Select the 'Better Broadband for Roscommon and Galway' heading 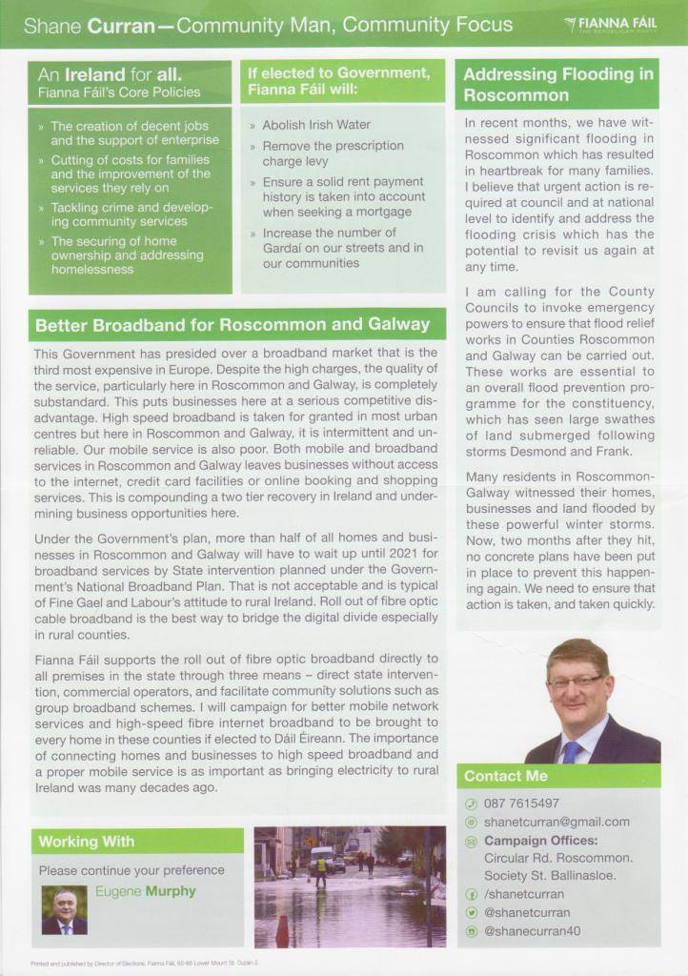(233, 325)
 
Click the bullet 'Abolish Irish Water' (316, 125)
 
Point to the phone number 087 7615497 (521, 803)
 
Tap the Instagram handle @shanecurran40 (532, 930)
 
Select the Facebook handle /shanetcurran (524, 894)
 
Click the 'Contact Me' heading (506, 776)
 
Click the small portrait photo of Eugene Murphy (64, 909)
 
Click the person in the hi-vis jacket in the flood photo (321, 868)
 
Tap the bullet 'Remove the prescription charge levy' (333, 153)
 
